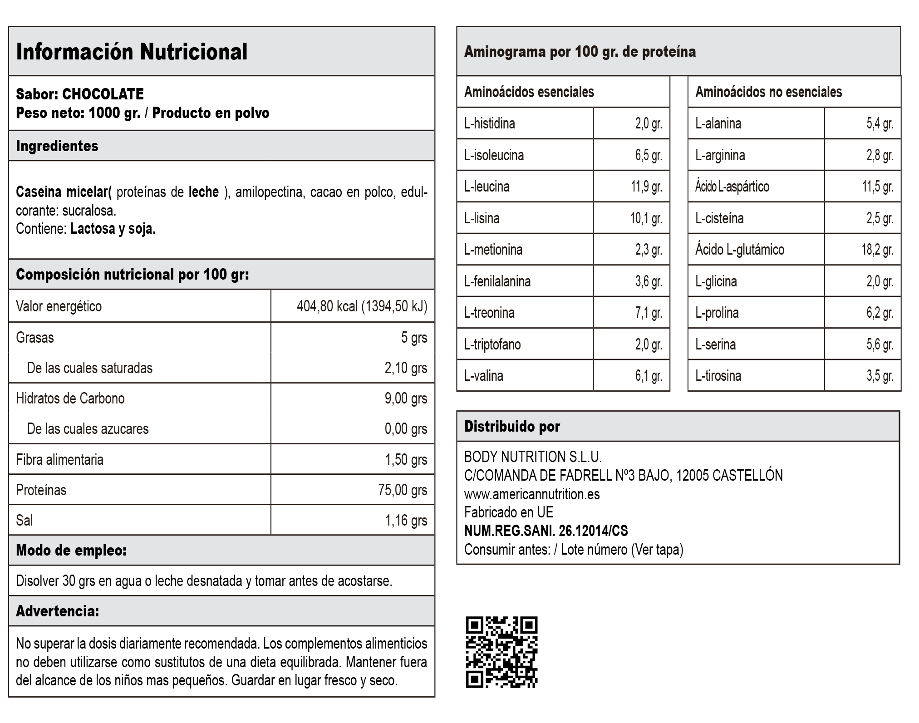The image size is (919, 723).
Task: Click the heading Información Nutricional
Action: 132,52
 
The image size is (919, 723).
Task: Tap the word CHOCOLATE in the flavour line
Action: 103,94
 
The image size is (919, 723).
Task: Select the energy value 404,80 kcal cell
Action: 362,306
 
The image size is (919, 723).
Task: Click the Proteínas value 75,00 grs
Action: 403,490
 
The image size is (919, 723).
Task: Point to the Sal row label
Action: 25,521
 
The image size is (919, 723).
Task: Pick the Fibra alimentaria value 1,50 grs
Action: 406,460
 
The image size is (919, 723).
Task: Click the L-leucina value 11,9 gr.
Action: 646,187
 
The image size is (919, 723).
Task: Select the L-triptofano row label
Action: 492,344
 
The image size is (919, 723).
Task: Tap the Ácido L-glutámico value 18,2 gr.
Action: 877,250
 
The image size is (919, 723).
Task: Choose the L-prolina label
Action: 717,313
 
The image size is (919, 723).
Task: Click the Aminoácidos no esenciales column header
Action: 768,92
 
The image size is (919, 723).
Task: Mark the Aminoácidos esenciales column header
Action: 529,92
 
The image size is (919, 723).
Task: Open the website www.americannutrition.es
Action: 532,494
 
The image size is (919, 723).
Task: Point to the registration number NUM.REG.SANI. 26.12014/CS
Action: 546,531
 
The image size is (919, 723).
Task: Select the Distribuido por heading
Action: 512,427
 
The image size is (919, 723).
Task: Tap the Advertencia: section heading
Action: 58,611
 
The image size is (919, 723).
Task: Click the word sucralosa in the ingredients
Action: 89,211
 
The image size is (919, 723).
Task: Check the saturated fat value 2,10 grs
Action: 406,368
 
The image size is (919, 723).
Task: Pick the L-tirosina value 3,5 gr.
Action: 880,376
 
